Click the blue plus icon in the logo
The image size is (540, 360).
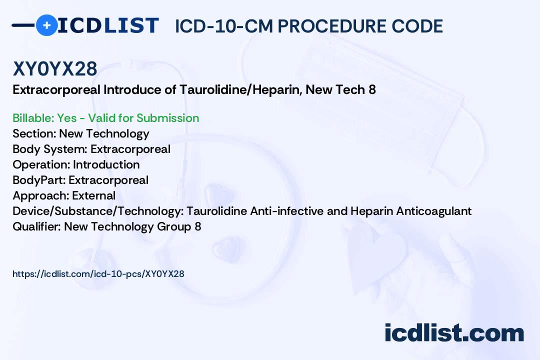point(46,25)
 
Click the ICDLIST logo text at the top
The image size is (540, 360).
point(108,25)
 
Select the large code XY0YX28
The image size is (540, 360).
point(55,69)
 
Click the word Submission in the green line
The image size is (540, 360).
point(167,118)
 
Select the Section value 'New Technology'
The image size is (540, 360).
point(104,133)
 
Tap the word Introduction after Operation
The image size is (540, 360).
point(106,164)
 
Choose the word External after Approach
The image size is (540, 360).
point(93,195)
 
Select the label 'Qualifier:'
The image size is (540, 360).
point(36,226)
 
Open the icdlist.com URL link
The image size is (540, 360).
point(98,274)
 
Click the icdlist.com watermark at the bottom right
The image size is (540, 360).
point(454,333)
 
